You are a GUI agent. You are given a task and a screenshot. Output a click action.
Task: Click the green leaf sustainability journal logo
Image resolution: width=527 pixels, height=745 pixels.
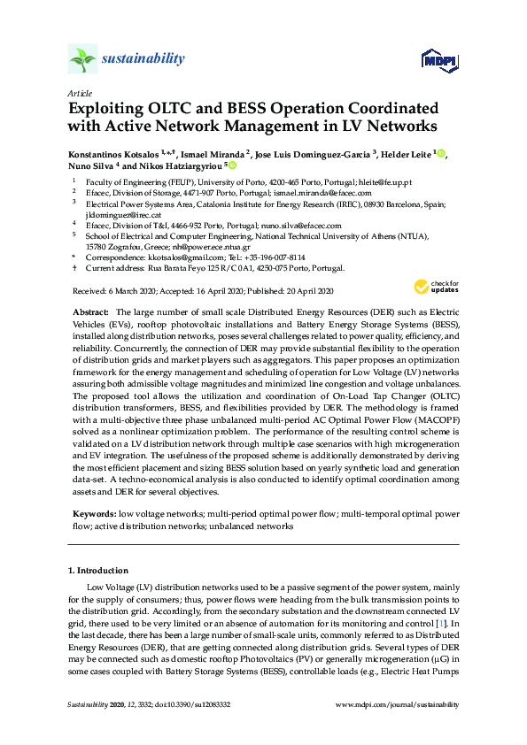pos(82,58)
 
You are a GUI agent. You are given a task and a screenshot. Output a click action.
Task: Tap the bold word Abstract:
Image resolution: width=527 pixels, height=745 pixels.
pos(89,312)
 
